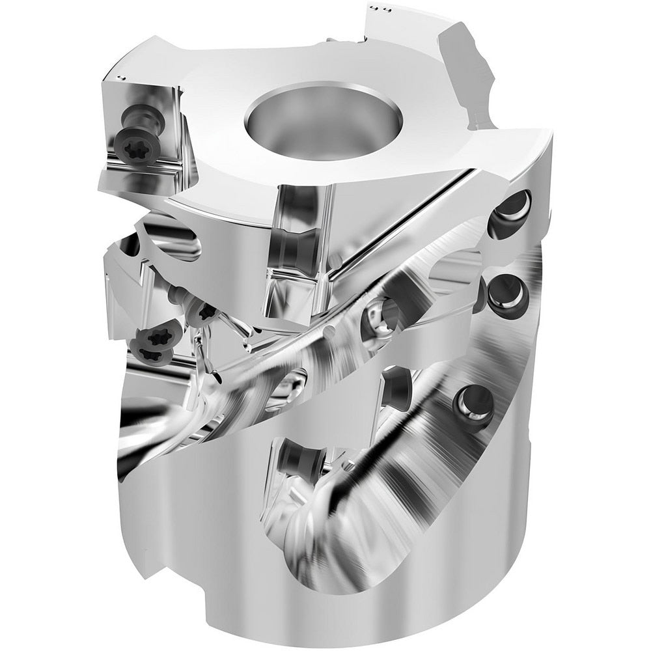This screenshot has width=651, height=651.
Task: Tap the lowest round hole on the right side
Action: [476, 401]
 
